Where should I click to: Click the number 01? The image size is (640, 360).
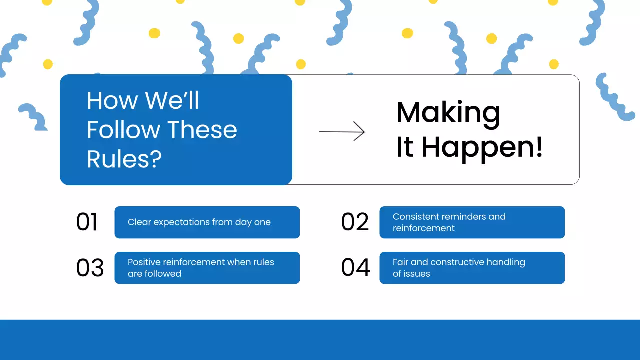tap(87, 222)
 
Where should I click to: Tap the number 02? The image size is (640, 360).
tap(355, 222)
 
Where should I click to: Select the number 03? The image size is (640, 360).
tap(90, 268)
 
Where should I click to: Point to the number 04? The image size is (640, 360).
tap(355, 267)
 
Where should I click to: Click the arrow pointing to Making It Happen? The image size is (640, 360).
tap(342, 131)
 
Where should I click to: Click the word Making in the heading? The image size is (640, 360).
tap(448, 113)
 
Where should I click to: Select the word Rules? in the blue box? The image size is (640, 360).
tap(124, 159)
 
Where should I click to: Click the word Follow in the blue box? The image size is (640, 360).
tap(123, 130)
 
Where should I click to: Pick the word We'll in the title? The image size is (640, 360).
tap(172, 100)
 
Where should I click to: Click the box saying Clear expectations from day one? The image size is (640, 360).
tap(207, 222)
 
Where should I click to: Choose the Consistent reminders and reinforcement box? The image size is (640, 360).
tap(472, 222)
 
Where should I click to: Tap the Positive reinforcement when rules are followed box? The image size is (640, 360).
tap(207, 268)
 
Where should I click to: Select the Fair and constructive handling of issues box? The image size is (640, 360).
tap(472, 268)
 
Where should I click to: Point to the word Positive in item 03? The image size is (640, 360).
tap(144, 262)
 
